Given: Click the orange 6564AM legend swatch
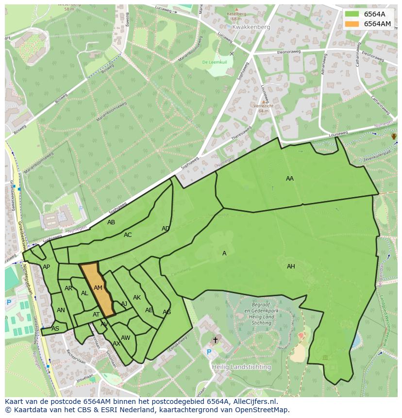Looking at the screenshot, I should [352, 24].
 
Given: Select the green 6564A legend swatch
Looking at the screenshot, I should [352, 14].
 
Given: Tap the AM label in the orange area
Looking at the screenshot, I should [98, 288].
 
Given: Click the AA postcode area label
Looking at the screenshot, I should [290, 179].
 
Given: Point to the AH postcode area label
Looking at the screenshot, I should [291, 267].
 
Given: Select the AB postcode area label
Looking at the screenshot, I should [111, 222].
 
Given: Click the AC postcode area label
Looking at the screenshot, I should [128, 235].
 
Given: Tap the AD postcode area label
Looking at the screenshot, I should [166, 229].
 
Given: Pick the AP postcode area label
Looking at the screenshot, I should [46, 267].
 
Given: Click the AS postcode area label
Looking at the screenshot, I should [55, 329].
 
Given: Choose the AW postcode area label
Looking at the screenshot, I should [126, 338].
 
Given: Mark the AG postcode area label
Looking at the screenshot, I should [167, 312].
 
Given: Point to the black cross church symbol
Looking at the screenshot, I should [215, 340].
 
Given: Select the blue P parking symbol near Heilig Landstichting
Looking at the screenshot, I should [209, 352].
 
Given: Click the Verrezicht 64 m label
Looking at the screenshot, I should [263, 108].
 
